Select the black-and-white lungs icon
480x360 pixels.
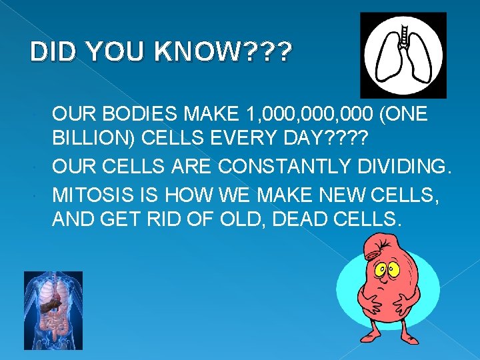tap(403, 55)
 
